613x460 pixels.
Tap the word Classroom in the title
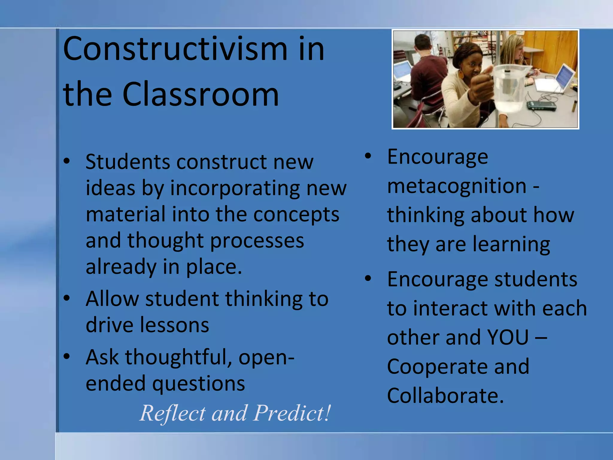tap(201, 95)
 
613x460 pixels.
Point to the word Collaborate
tap(445, 396)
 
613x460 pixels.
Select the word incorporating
tap(235, 189)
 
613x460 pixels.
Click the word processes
tap(257, 241)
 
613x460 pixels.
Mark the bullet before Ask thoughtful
tap(67, 356)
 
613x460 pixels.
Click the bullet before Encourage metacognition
tap(368, 156)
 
